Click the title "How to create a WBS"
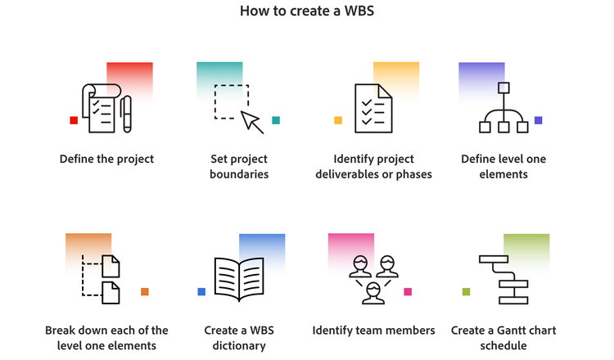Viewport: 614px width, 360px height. [307, 12]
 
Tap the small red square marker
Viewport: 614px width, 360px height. [74, 120]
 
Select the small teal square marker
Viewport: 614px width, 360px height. [276, 120]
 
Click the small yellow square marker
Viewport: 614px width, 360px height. [338, 120]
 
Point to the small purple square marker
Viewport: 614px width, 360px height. [538, 120]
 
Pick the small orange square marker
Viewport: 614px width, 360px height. [145, 291]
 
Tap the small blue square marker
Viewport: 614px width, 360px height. [201, 291]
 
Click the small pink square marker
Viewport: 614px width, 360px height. [408, 291]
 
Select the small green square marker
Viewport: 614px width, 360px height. [467, 291]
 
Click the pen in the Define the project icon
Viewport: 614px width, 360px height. [127, 115]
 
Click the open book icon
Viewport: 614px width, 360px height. [240, 278]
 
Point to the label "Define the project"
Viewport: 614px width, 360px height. [106, 159]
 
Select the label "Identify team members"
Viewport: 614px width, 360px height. [373, 331]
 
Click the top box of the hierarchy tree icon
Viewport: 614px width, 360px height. [503, 88]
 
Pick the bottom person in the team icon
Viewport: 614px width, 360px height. [373, 291]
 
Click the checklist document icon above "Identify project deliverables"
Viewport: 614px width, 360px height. [373, 107]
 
